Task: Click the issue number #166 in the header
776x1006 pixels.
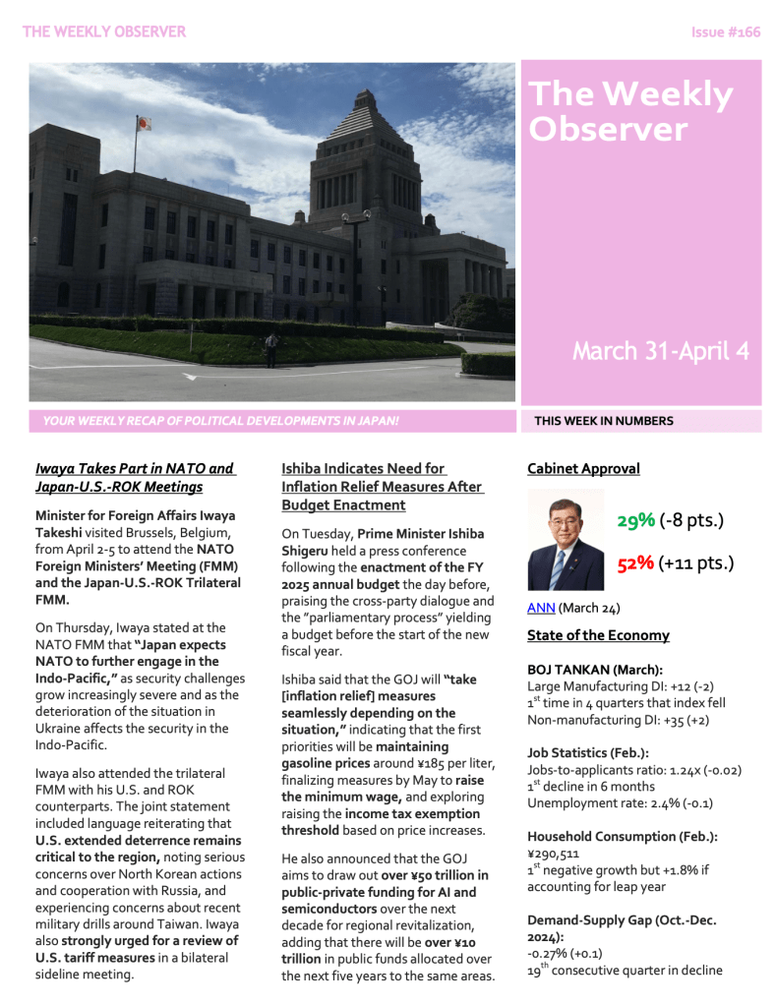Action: [x=726, y=32]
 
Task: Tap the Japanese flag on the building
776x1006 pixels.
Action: [x=144, y=124]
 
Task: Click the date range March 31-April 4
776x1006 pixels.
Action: [x=660, y=351]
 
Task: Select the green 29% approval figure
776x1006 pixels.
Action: [x=635, y=520]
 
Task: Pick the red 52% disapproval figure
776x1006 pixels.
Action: [x=635, y=563]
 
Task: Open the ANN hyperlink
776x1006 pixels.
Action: [x=541, y=608]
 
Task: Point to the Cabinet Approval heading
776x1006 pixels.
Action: [x=583, y=469]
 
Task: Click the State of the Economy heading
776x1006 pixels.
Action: [x=598, y=635]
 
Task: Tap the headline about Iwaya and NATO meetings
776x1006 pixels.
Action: [x=135, y=478]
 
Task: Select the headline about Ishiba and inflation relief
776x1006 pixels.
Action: [x=382, y=487]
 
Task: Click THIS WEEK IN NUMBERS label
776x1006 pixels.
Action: [x=603, y=421]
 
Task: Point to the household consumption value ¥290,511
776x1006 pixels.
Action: [x=554, y=854]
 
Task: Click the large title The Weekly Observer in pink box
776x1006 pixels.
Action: [x=630, y=111]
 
